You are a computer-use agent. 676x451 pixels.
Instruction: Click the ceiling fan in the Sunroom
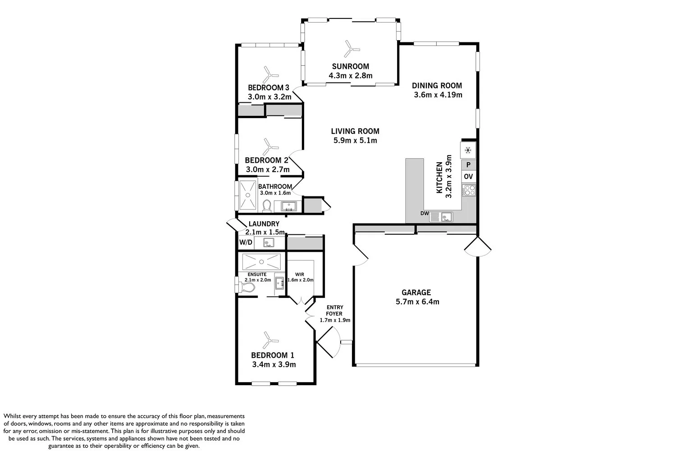pyautogui.click(x=352, y=49)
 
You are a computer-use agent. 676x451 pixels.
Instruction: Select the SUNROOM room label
pyautogui.click(x=350, y=66)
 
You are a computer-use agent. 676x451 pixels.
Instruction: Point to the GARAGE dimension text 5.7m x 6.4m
pyautogui.click(x=417, y=302)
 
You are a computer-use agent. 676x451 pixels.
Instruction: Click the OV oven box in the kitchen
pyautogui.click(x=468, y=177)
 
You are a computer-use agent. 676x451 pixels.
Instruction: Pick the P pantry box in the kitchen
pyautogui.click(x=468, y=165)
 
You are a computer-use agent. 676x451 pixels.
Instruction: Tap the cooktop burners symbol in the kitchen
pyautogui.click(x=469, y=190)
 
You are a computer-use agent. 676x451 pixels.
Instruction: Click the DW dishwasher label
pyautogui.click(x=425, y=213)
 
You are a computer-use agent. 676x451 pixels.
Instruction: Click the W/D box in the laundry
pyautogui.click(x=246, y=242)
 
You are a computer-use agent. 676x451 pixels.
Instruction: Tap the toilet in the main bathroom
pyautogui.click(x=266, y=206)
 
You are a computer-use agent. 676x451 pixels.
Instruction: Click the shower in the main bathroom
pyautogui.click(x=248, y=195)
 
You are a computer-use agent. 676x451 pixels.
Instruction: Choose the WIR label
pyautogui.click(x=300, y=274)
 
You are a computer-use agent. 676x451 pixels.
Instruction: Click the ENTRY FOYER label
pyautogui.click(x=334, y=310)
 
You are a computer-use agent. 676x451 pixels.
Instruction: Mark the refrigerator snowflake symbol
pyautogui.click(x=468, y=150)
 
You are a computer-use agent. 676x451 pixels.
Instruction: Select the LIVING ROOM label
pyautogui.click(x=355, y=131)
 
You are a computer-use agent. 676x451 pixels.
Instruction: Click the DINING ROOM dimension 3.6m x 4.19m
pyautogui.click(x=438, y=95)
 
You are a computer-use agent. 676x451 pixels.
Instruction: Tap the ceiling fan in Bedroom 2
pyautogui.click(x=270, y=147)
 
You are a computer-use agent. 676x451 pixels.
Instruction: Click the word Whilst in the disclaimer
pyautogui.click(x=12, y=416)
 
